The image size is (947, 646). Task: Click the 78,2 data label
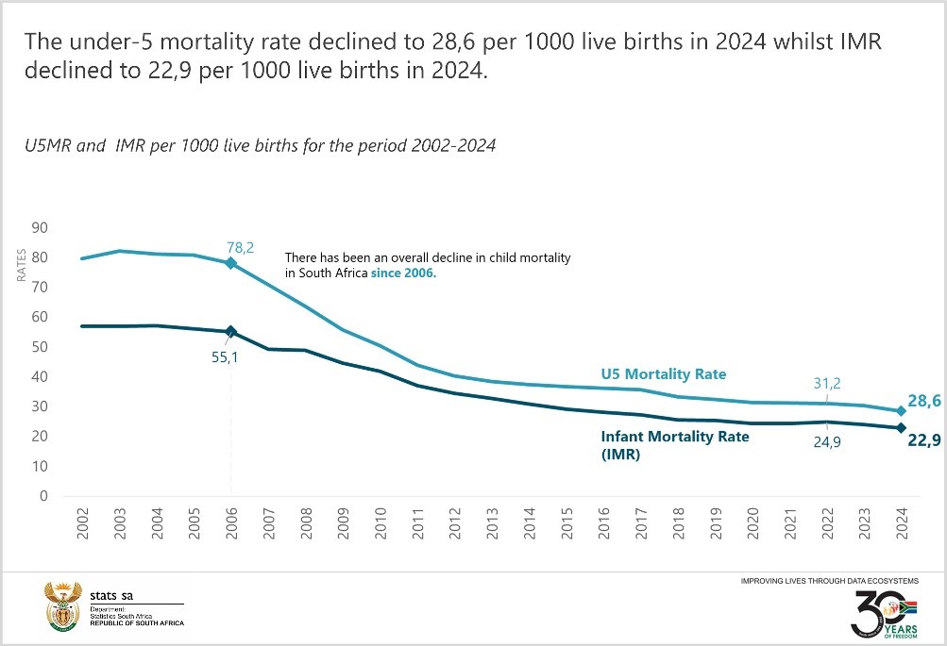click(241, 247)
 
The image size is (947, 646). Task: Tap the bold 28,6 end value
click(924, 402)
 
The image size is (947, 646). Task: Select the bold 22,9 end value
click(924, 439)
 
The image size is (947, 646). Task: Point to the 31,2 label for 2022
click(826, 383)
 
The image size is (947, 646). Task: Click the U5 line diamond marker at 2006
click(230, 263)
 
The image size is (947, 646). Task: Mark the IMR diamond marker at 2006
click(230, 332)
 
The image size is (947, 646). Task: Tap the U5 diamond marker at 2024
click(900, 410)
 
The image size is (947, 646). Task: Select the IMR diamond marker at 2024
click(900, 427)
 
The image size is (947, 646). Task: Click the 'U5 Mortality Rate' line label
click(664, 374)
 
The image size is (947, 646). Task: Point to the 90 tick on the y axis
click(40, 227)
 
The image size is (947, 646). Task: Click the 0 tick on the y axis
click(43, 496)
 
